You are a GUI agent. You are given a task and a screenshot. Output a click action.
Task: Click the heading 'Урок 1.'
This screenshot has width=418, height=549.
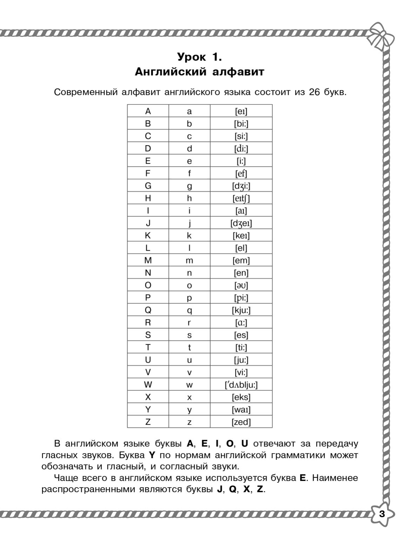pos(199,56)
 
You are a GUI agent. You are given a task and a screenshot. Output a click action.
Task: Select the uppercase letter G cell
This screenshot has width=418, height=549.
pos(148,186)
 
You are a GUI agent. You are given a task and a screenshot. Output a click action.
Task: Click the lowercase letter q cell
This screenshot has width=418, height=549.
pos(189,310)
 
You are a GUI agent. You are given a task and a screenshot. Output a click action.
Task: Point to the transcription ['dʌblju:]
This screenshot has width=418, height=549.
pos(241,385)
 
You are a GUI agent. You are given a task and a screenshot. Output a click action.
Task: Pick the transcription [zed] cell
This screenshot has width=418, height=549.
pos(241,422)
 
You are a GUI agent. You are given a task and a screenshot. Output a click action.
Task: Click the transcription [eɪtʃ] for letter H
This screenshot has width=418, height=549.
pos(241,198)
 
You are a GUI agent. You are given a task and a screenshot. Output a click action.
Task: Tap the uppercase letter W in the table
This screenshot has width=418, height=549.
pos(148,385)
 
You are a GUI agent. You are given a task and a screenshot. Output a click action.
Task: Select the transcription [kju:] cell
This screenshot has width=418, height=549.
pos(241,310)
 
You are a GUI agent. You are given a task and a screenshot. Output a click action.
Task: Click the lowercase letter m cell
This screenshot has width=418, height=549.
pos(189,260)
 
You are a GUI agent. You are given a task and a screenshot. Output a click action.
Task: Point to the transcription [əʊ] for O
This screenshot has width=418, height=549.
pos(241,285)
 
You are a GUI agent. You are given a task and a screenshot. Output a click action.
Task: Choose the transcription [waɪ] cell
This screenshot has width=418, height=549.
pos(241,410)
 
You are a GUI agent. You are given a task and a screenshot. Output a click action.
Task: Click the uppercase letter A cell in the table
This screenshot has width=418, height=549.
pos(148,111)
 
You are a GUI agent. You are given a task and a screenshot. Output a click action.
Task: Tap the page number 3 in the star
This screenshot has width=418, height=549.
pos(382,514)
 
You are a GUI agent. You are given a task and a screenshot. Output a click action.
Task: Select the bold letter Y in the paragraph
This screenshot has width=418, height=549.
pos(152,455)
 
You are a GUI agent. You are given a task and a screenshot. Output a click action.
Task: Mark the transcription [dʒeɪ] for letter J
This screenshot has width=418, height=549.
pos(241,223)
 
